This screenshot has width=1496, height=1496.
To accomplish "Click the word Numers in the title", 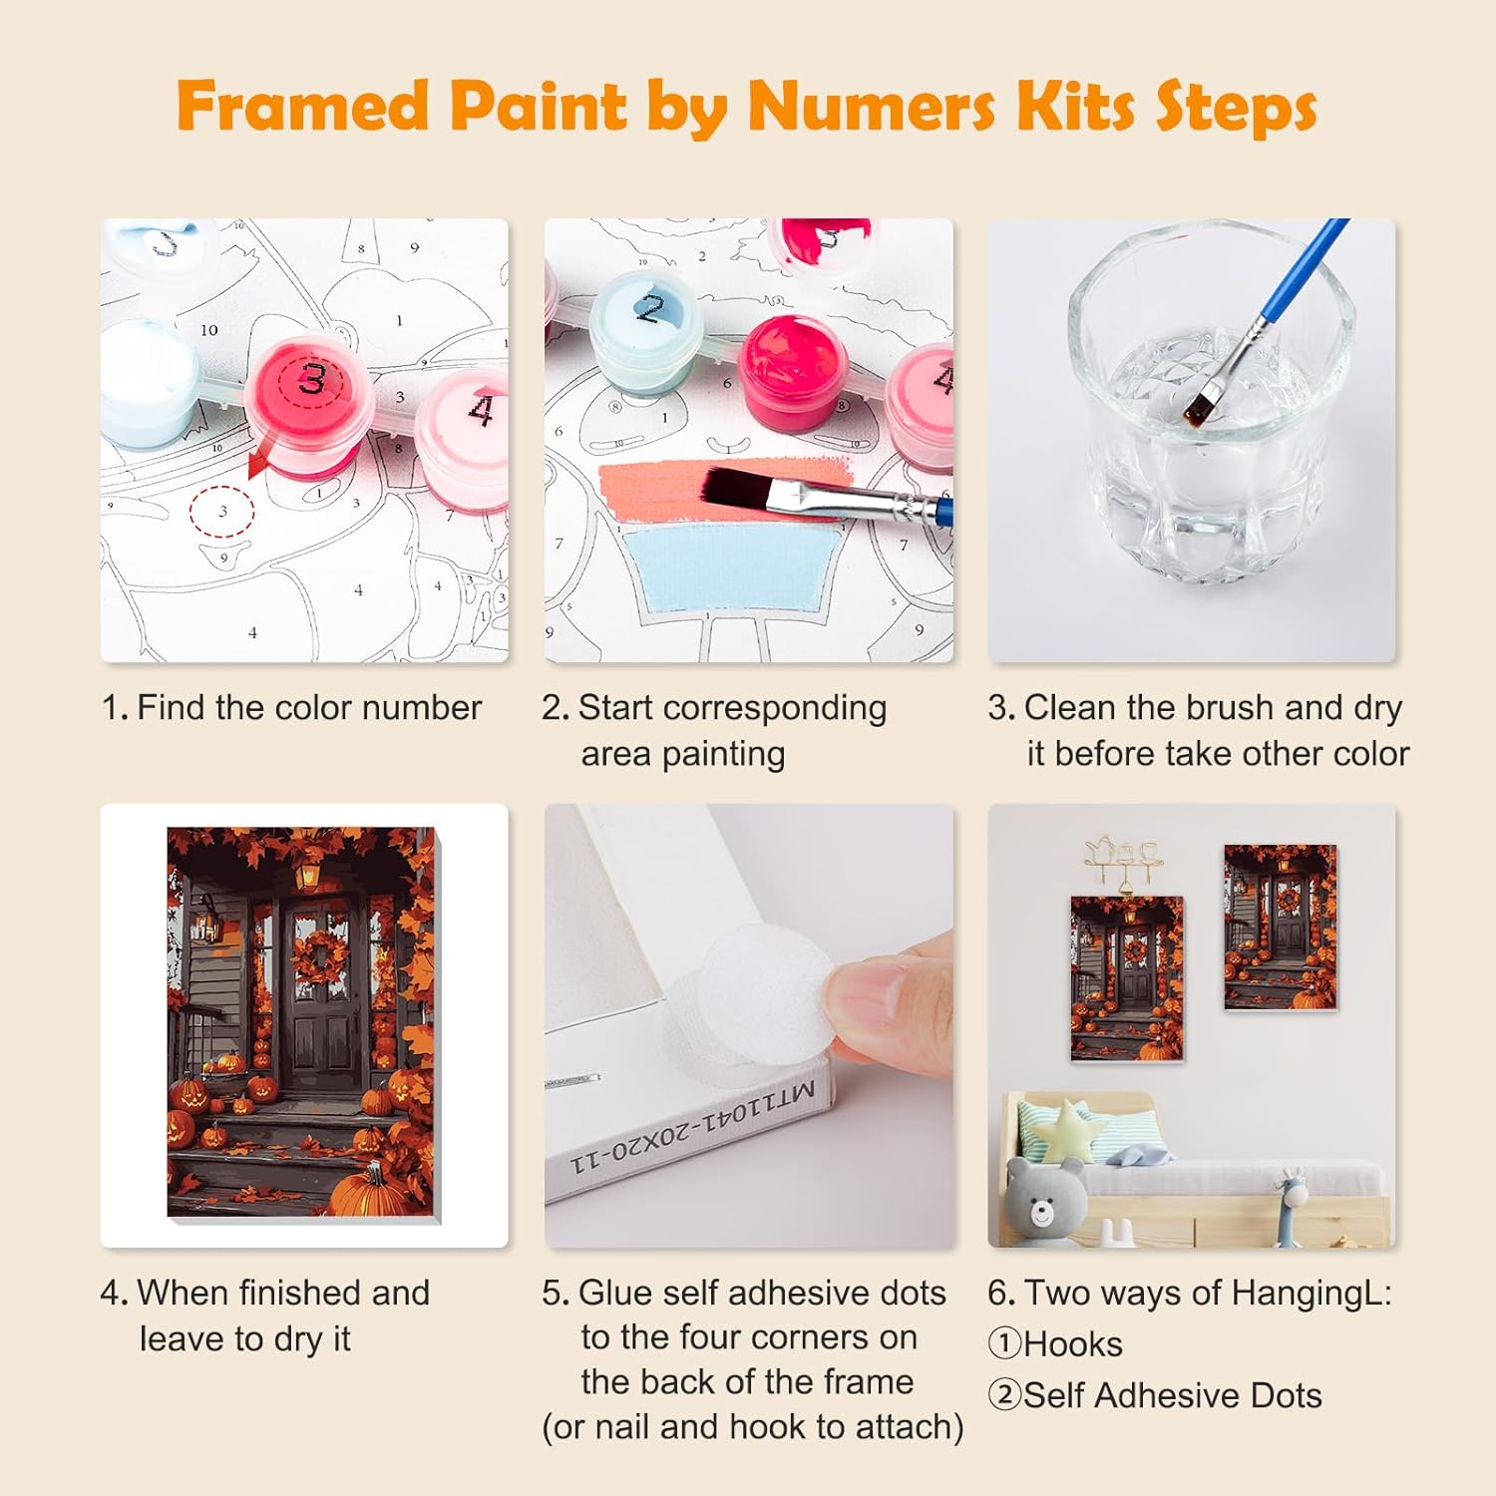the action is coord(872,106).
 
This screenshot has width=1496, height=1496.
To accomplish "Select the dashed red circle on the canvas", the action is coord(221,511).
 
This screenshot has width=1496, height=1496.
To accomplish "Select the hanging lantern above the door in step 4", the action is coord(308,875).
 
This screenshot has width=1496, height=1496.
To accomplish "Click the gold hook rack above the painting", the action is coord(1125,862).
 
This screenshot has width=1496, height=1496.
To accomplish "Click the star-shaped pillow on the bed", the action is coord(1066,1127).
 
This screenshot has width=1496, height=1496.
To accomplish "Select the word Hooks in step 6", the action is coord(1073,1344).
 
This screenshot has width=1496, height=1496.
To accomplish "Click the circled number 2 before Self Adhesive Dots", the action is coord(1004,1395).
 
